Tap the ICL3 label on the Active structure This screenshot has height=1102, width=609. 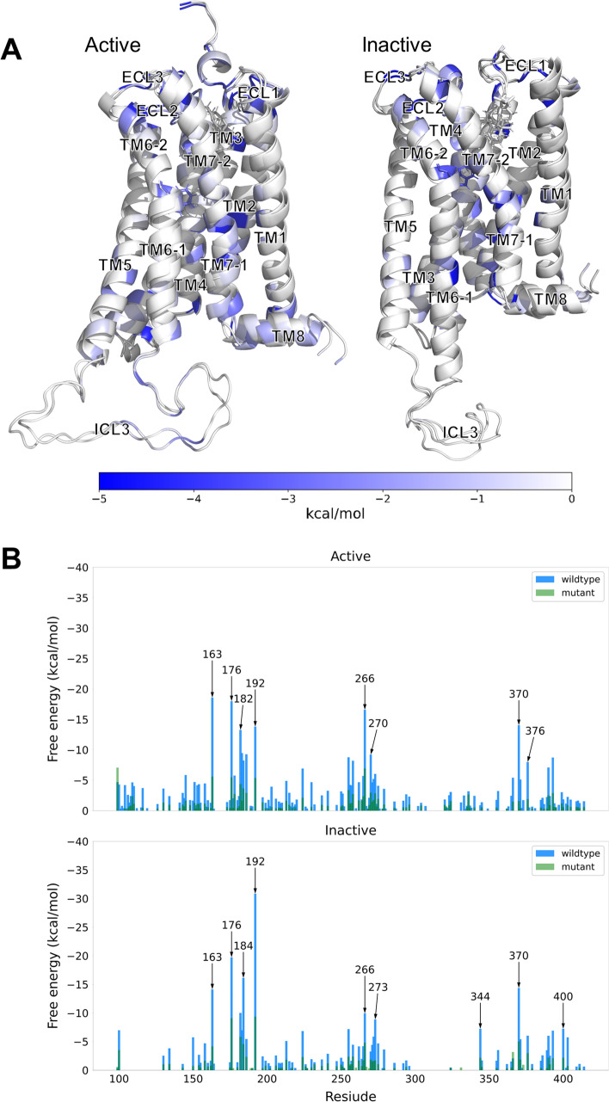113,429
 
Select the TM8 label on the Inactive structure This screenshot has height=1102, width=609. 551,299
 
